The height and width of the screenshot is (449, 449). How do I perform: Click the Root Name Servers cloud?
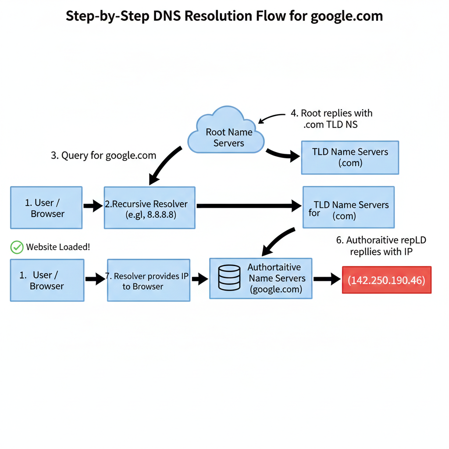tap(226, 132)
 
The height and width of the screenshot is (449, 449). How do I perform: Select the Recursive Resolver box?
tap(150, 207)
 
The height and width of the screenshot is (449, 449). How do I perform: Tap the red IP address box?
tap(387, 280)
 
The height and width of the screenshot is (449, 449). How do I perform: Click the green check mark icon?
tap(17, 247)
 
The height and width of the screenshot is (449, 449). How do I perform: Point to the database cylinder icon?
tap(229, 278)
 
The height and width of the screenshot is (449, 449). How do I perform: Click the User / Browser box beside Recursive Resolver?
tap(46, 207)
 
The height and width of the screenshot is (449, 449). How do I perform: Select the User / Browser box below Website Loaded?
tap(47, 280)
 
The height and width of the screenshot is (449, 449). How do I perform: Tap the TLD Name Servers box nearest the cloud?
tap(350, 157)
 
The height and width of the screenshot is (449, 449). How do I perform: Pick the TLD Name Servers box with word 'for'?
tap(349, 207)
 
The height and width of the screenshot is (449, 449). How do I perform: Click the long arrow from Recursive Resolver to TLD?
tap(248, 205)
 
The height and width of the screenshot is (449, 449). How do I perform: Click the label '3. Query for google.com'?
tap(103, 155)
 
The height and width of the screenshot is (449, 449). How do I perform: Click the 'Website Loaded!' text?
tap(58, 247)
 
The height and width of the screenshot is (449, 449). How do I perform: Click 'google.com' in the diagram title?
tap(346, 16)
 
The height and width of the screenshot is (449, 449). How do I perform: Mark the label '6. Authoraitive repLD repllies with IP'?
tap(381, 246)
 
